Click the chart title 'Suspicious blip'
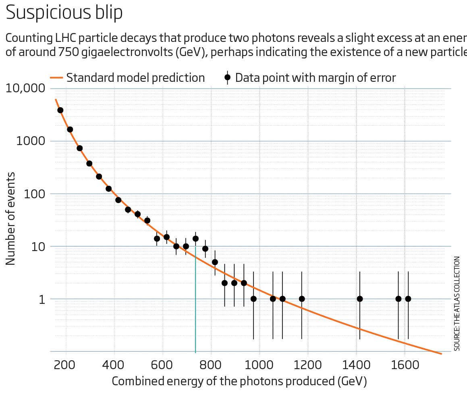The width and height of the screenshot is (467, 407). tap(64, 12)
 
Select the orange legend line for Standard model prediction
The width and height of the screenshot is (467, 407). tap(56, 78)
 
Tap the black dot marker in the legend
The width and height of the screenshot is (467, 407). tap(227, 77)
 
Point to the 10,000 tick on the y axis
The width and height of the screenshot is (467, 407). tap(25, 88)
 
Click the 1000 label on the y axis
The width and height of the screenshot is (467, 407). tap(30, 141)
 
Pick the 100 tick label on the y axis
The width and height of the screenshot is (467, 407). tap(34, 194)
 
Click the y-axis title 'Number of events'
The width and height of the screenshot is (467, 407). tap(11, 218)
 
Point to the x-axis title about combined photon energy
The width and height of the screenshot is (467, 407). tap(239, 381)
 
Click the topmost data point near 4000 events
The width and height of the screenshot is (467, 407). tap(60, 110)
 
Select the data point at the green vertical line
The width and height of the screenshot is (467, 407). tap(195, 238)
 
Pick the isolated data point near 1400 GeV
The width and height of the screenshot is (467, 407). tap(360, 299)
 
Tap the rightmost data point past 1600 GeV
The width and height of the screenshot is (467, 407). tap(408, 299)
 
